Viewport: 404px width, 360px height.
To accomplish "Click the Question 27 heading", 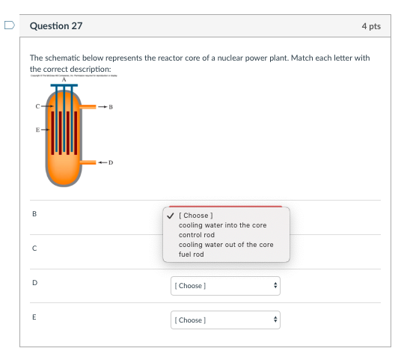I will [56, 26].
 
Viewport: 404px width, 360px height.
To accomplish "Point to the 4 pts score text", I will [370, 26].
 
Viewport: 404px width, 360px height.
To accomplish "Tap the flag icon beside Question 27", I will [9, 25].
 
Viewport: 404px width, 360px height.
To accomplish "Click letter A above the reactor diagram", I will [64, 80].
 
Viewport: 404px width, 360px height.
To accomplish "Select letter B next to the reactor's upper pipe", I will [111, 107].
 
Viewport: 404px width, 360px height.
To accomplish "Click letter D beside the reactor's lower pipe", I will [110, 162].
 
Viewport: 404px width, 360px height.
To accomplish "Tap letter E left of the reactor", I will [37, 129].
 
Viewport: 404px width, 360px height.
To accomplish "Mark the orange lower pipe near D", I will [89, 162].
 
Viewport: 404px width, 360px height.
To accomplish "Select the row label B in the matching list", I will [33, 215].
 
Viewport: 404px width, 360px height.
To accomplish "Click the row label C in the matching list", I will [33, 248].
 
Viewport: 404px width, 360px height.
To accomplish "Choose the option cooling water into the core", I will [222, 225].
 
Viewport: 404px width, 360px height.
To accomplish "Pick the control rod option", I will [197, 235].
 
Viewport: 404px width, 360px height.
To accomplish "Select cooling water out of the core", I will [226, 245].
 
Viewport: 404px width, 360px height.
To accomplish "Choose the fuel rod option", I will [192, 254].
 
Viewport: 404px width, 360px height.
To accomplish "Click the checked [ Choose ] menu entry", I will [195, 216].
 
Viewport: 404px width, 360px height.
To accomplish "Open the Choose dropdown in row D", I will [225, 286].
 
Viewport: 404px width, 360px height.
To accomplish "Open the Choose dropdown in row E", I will [225, 320].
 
